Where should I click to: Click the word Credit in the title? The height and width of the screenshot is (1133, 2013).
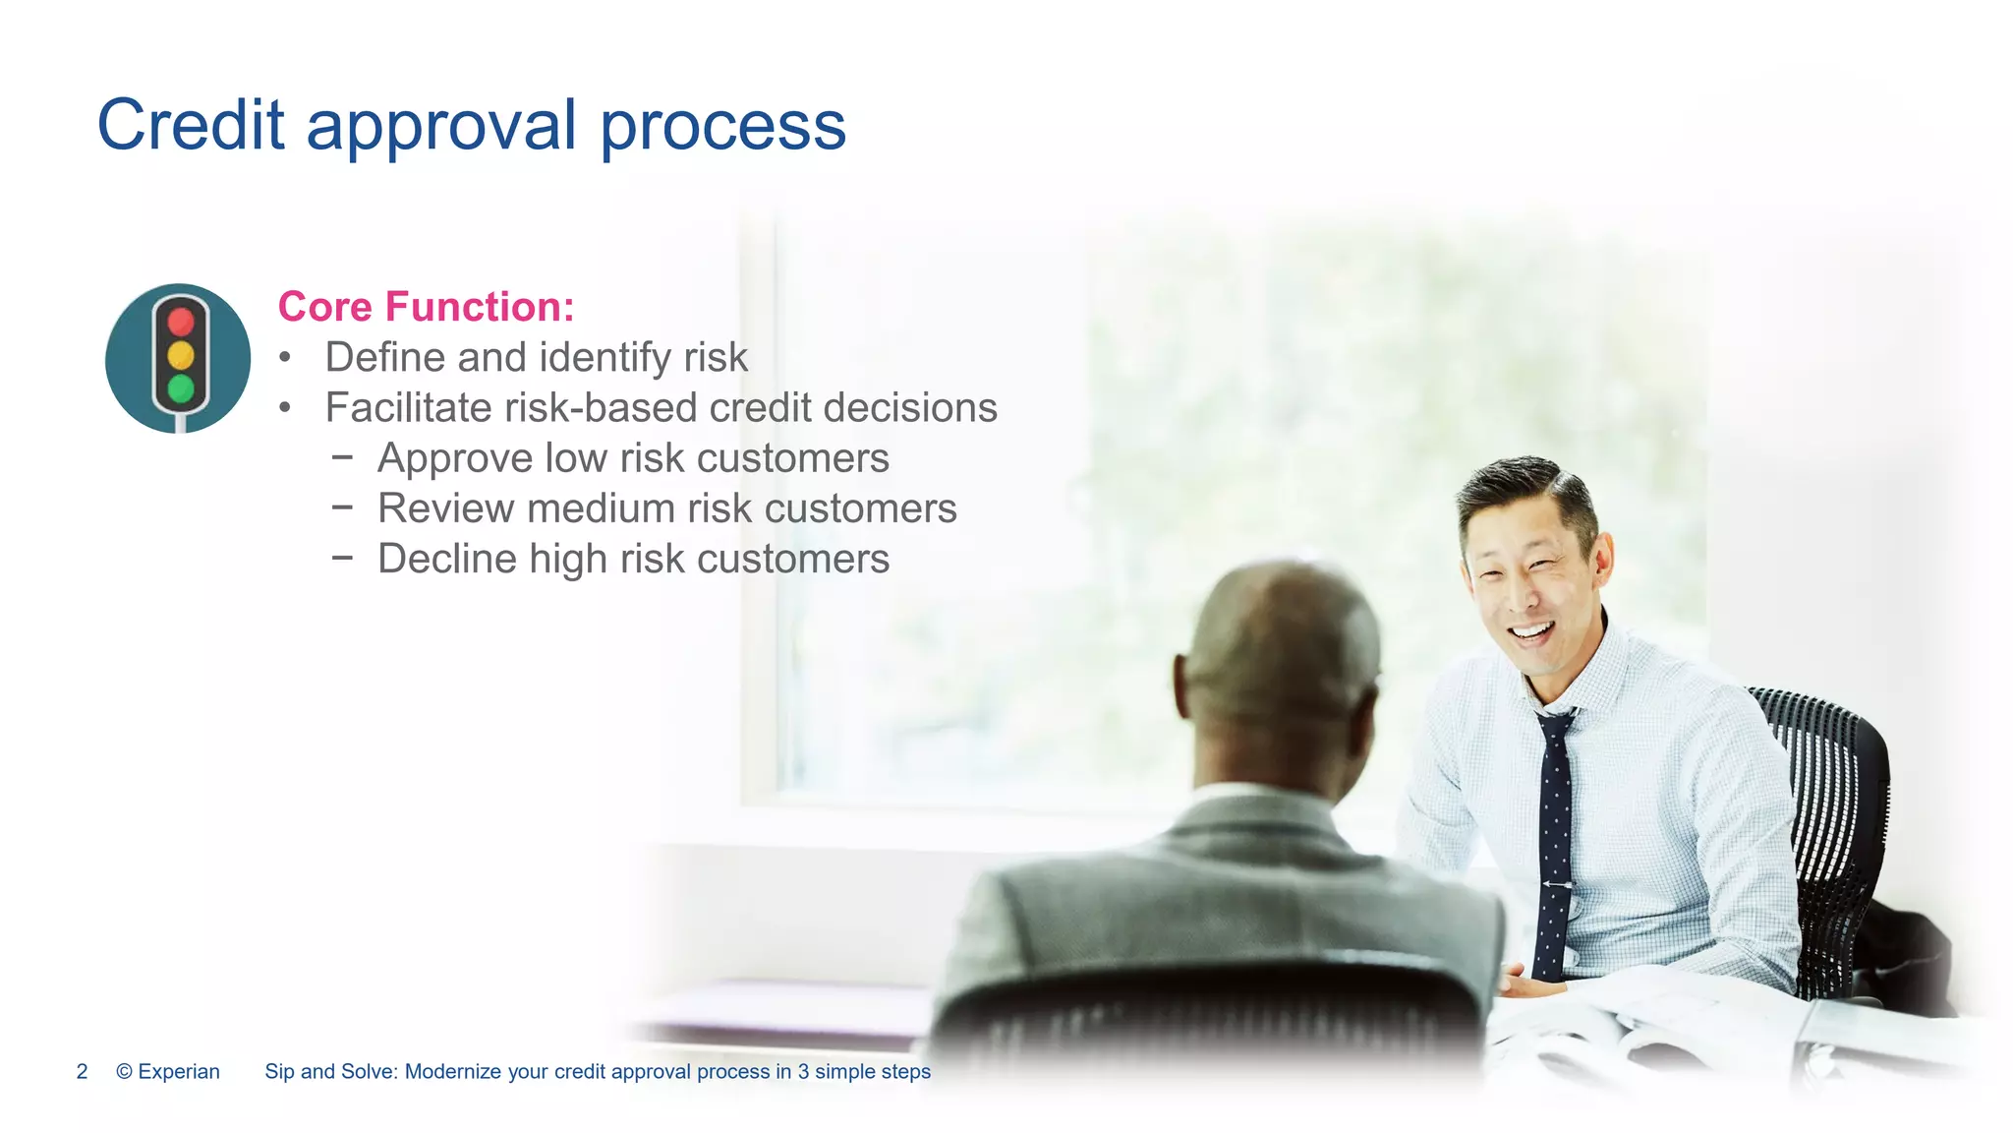pos(191,125)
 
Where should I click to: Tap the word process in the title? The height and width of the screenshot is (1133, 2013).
pos(722,125)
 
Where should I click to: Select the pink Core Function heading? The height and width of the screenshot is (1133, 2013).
pos(426,306)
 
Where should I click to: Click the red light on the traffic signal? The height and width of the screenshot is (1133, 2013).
pos(181,321)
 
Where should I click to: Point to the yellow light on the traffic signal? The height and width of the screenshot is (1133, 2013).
pos(181,354)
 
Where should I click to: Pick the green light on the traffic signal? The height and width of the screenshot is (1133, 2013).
pos(181,388)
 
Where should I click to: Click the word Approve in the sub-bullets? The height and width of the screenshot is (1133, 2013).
pos(453,458)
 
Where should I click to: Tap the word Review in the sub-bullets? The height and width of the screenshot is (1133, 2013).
pos(445,508)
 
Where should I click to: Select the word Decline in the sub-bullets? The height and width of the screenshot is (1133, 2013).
pos(447,559)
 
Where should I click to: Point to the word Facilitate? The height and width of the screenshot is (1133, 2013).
pos(408,407)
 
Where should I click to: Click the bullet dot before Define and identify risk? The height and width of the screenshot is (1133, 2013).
pos(285,357)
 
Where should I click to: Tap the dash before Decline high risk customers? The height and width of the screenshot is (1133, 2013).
pos(342,557)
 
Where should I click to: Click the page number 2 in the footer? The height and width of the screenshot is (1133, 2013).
pos(83,1071)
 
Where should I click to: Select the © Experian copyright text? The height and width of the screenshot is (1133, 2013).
pos(168,1071)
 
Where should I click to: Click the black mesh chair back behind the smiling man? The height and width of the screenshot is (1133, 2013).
pos(1833,787)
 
